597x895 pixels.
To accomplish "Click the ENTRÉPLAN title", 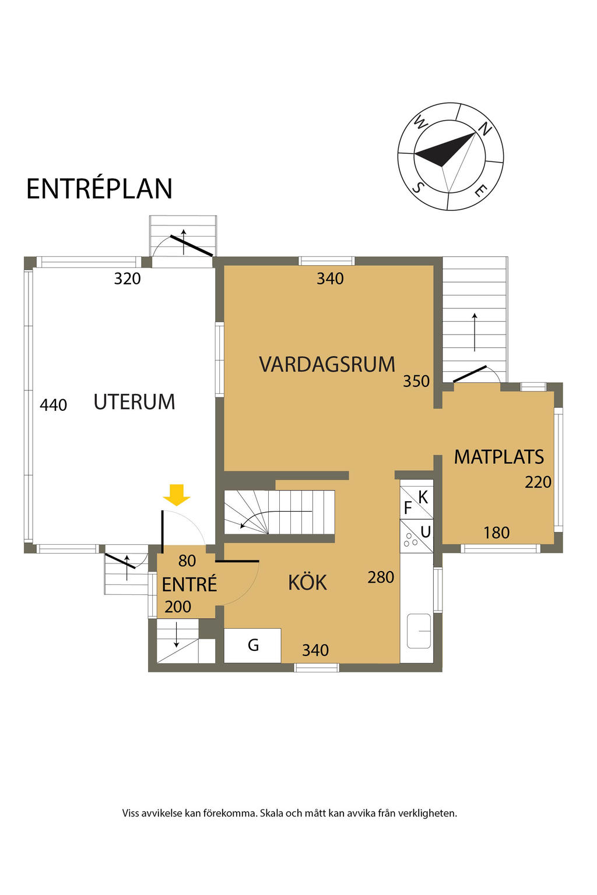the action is point(99,188).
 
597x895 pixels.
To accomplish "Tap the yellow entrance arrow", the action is point(176,495).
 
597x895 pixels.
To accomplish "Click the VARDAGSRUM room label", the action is point(327,364).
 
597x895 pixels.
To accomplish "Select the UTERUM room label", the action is point(134,401).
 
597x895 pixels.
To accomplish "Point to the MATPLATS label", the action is point(498,457).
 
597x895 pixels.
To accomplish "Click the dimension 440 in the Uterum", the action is point(53,405).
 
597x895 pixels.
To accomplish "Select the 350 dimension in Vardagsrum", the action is point(416,380).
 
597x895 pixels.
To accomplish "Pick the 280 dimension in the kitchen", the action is point(381,577).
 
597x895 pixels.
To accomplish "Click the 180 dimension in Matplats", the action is point(496,533).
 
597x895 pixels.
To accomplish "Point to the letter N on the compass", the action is point(485,129).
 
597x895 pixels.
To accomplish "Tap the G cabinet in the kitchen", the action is point(252,645).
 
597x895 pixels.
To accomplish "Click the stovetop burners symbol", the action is point(410,540).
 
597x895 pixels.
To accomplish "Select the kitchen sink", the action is point(419,631).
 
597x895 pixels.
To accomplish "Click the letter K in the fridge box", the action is point(423,498).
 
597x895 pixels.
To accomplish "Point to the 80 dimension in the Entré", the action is point(187,561).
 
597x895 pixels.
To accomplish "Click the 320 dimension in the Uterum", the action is point(127,279).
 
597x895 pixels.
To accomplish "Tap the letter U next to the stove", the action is point(426,532).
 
